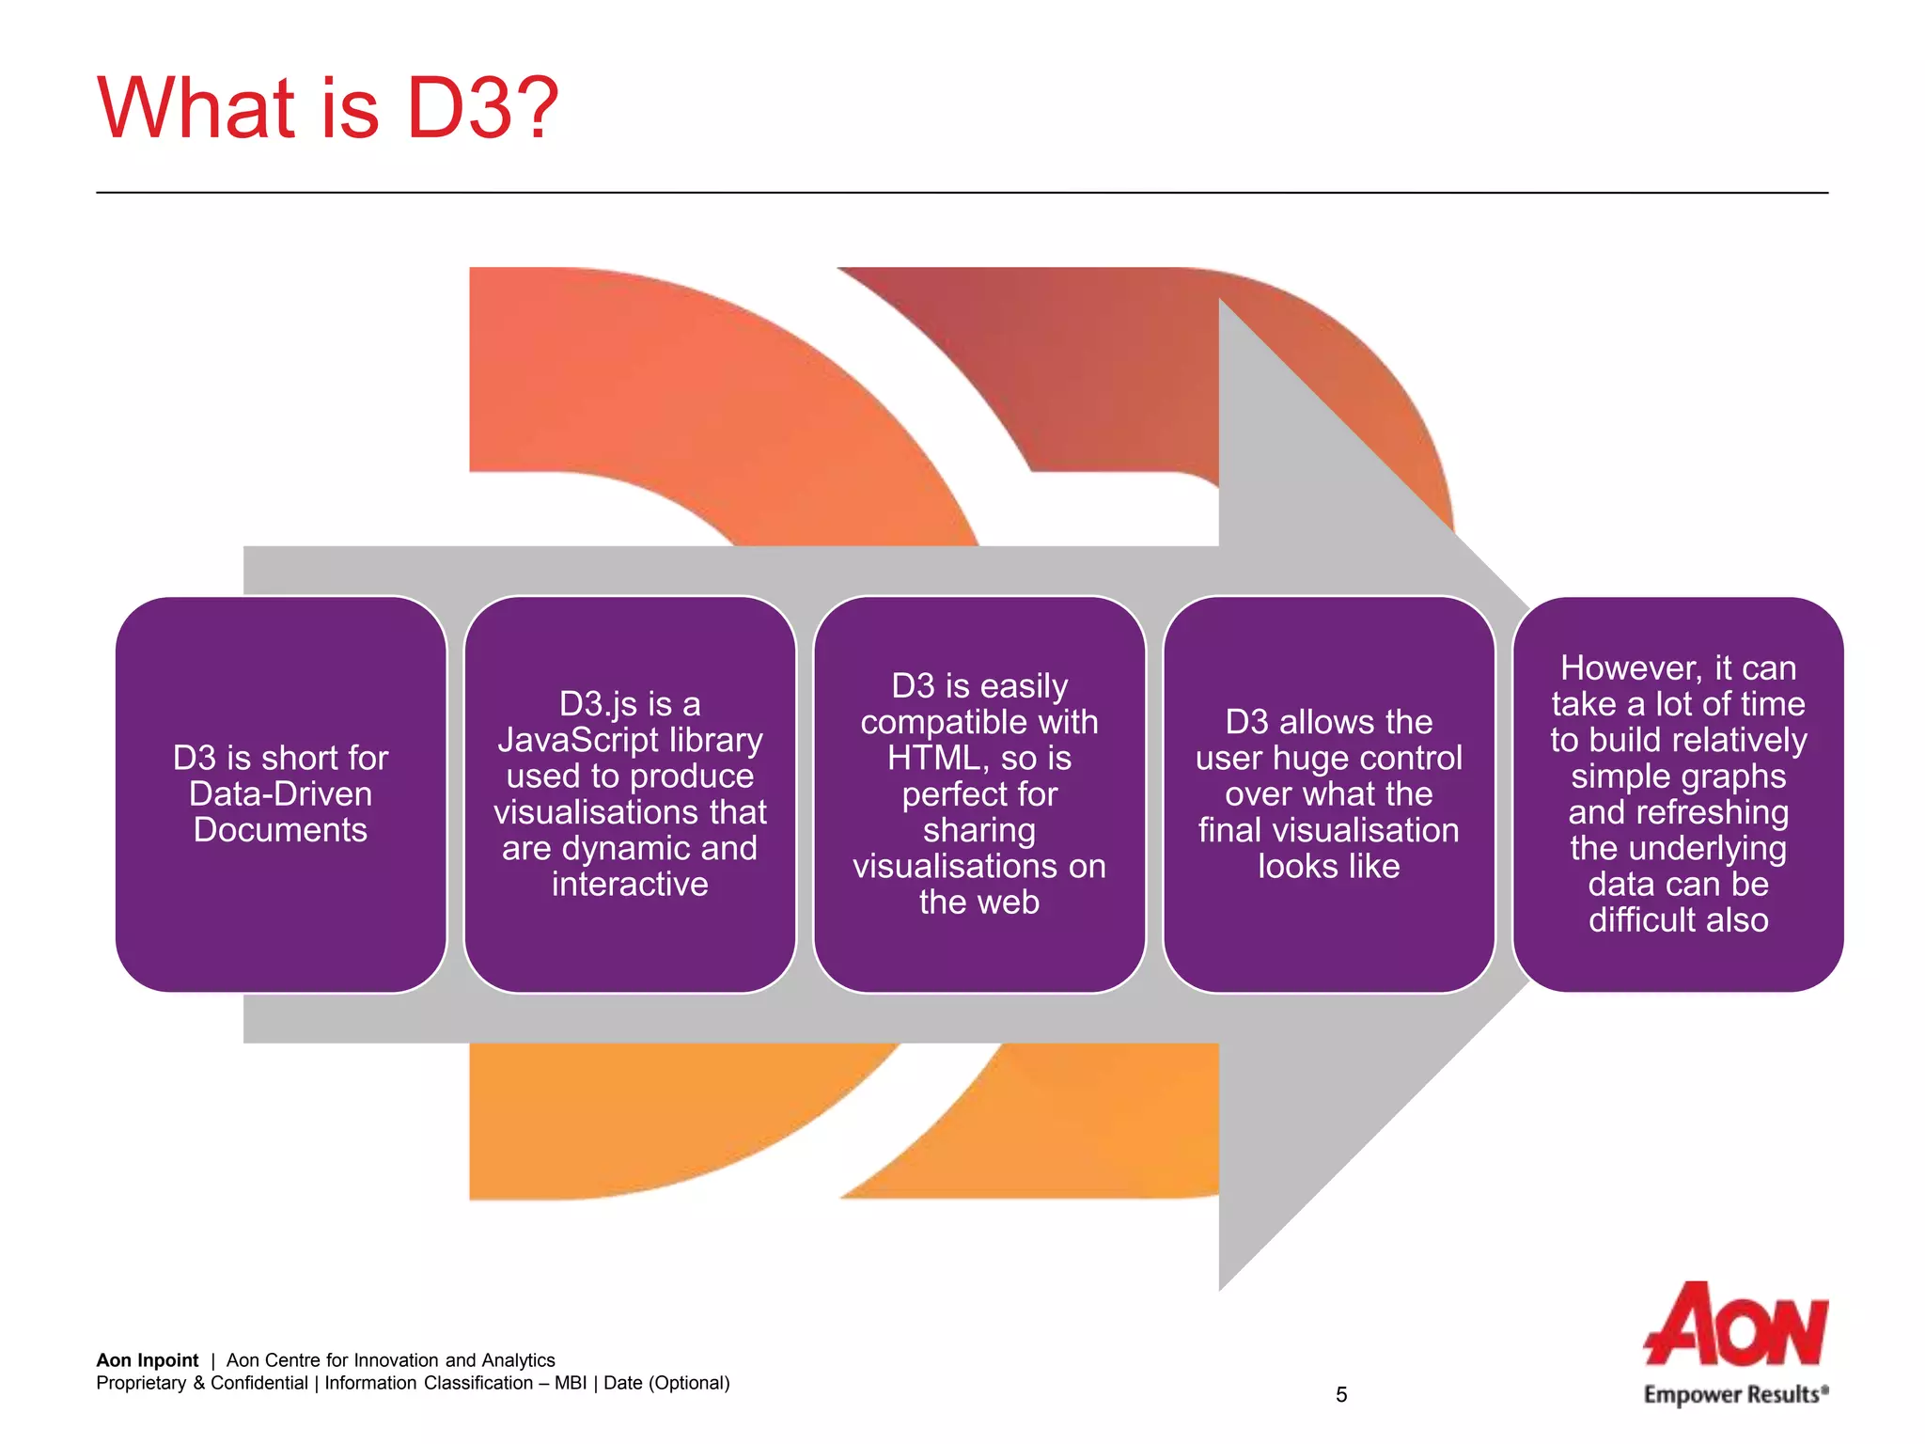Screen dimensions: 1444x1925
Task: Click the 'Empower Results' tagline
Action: click(1734, 1394)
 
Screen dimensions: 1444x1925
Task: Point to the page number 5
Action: click(1341, 1395)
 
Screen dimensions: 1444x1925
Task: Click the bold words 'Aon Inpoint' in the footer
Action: click(148, 1360)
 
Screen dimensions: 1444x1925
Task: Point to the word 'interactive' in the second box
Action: click(630, 885)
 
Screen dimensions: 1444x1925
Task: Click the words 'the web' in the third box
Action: click(979, 902)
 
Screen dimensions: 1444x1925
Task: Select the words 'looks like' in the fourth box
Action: click(1328, 867)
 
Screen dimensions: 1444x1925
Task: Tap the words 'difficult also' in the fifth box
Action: click(1678, 920)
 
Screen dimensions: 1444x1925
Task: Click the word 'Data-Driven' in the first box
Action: click(280, 794)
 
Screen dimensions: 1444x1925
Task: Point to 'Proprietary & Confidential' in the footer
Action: click(202, 1383)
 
